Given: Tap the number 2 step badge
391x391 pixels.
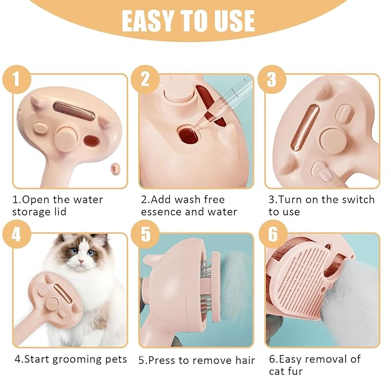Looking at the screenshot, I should click(145, 79).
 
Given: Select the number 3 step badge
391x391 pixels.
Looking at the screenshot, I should click(271, 79).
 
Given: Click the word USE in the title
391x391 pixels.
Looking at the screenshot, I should click(233, 21).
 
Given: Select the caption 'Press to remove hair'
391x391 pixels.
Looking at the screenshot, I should click(196, 361).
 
